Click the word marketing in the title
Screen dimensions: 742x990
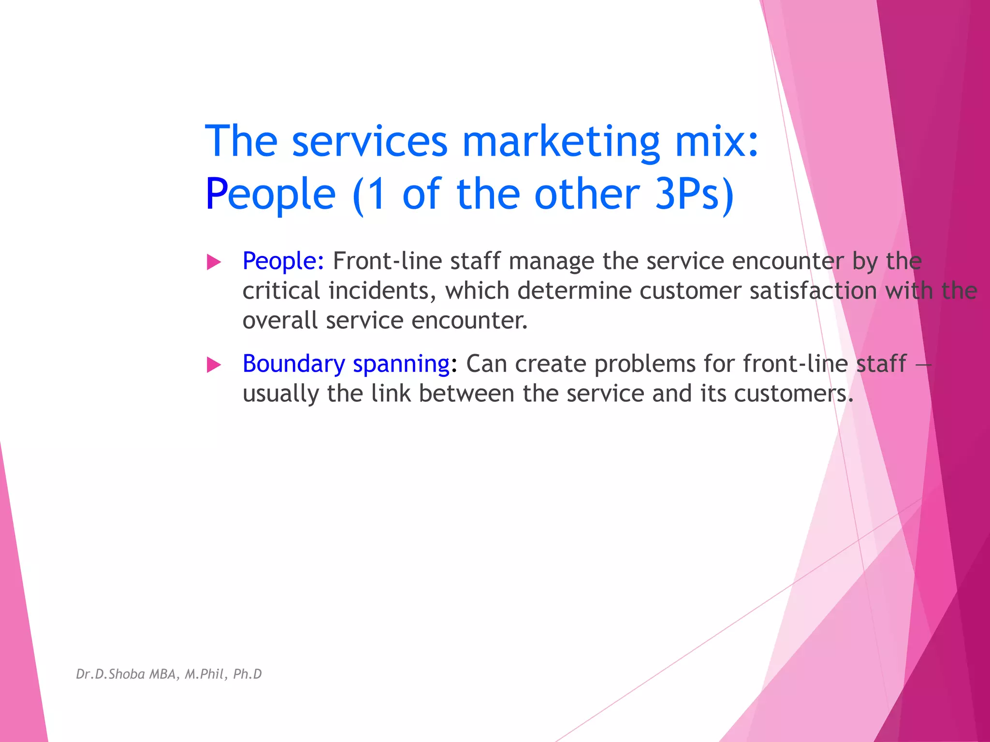(561, 141)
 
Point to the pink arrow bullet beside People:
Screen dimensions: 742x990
(214, 262)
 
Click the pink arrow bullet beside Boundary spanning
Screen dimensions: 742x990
(214, 365)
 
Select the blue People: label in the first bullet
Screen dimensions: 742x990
(283, 261)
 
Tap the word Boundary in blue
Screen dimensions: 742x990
(293, 364)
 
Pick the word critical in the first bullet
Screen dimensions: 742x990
(281, 291)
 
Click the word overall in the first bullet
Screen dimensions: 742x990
(280, 321)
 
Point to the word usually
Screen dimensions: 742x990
(281, 394)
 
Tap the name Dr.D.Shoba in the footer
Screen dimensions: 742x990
(111, 674)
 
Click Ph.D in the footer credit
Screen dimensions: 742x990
(247, 674)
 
